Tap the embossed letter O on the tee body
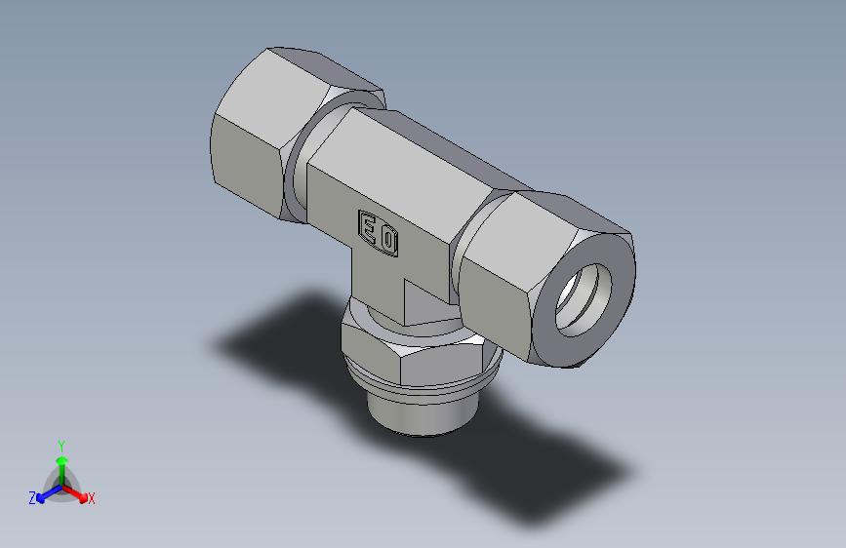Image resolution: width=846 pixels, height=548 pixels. click(388, 240)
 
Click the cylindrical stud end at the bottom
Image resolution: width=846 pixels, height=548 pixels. click(415, 414)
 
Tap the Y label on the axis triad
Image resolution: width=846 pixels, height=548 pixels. click(60, 444)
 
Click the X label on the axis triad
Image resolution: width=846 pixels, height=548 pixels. click(92, 499)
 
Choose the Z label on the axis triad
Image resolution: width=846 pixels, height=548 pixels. click(31, 498)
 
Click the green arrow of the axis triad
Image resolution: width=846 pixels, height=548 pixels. click(60, 462)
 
